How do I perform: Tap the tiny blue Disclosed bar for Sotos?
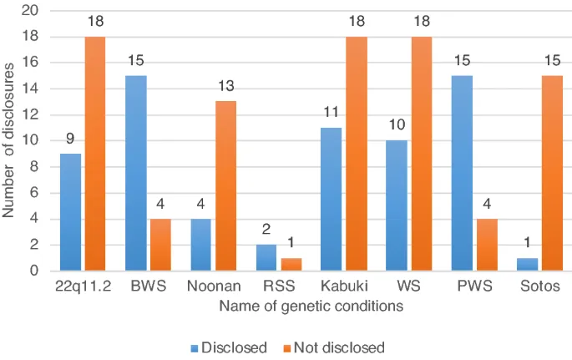[528, 265]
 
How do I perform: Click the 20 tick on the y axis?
[32, 11]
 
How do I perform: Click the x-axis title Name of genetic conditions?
[311, 307]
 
